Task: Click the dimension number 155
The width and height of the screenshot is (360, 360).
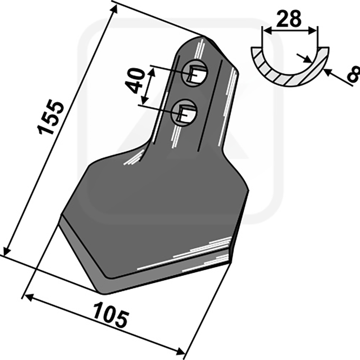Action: coord(50,117)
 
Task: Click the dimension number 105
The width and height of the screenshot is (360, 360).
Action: coord(111,315)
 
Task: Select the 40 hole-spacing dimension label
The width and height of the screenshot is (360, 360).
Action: coord(136,81)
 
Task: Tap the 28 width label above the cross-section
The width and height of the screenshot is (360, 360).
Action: coord(288,19)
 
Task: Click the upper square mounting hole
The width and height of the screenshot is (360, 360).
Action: coord(195,72)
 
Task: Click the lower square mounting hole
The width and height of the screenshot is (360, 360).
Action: coord(184,112)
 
